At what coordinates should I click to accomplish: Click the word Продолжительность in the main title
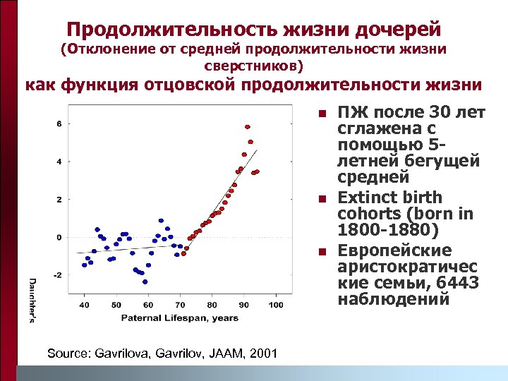pyautogui.click(x=172, y=29)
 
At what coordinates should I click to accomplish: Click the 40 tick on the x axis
pyautogui.click(x=84, y=305)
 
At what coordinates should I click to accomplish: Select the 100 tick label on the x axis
pyautogui.click(x=276, y=305)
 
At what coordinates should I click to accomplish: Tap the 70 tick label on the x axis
pyautogui.click(x=180, y=305)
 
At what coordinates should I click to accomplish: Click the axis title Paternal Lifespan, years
pyautogui.click(x=180, y=317)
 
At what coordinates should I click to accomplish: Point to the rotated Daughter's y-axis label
pyautogui.click(x=32, y=301)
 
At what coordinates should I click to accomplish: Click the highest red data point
pyautogui.click(x=248, y=127)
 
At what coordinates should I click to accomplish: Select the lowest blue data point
pyautogui.click(x=145, y=282)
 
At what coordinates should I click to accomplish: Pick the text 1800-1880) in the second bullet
pyautogui.click(x=388, y=231)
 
